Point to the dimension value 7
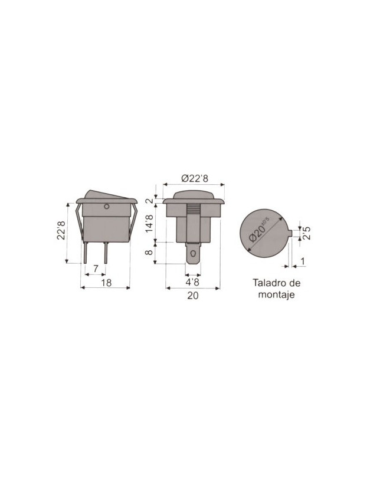pos(96,268)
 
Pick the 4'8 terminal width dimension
pos(193,283)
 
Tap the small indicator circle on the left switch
pos(106,206)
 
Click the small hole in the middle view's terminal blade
pos(193,256)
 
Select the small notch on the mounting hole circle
pos(290,232)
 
